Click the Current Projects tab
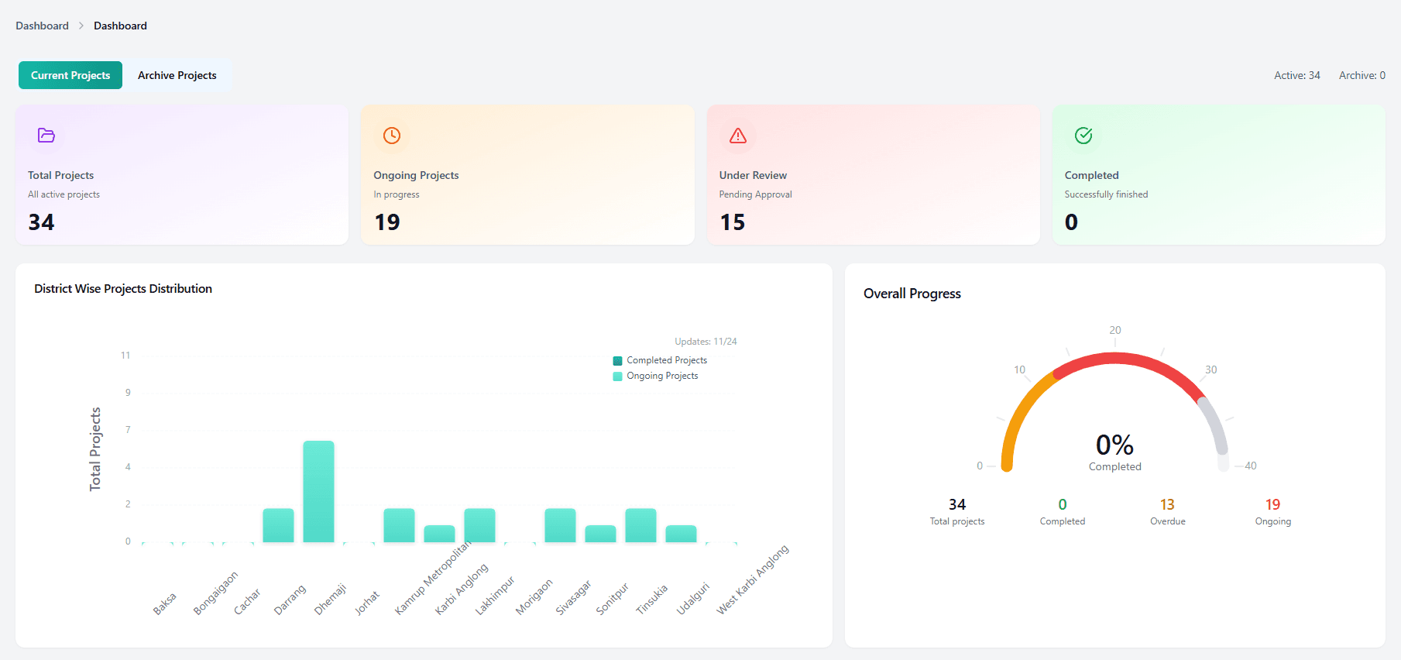(x=70, y=75)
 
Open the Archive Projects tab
(x=177, y=75)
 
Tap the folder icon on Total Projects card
(x=46, y=136)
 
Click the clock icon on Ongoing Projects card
(x=392, y=136)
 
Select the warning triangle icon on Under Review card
(x=738, y=136)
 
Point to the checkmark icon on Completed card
(x=1083, y=136)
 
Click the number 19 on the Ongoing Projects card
(x=387, y=222)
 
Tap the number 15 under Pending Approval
(x=733, y=222)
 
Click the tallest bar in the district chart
(x=318, y=491)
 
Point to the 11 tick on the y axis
(x=125, y=356)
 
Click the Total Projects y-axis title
(x=95, y=449)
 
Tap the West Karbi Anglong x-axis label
(x=753, y=579)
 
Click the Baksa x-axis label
(x=164, y=603)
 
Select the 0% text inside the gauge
(x=1114, y=445)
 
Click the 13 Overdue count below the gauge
(x=1167, y=505)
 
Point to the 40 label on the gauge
(x=1250, y=466)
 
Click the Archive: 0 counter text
(x=1362, y=75)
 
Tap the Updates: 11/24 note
(x=706, y=342)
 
